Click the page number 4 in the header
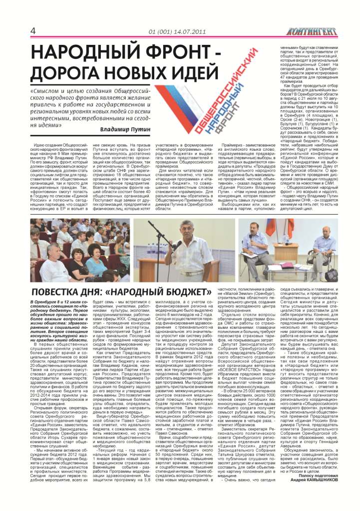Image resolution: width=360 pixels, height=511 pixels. pyautogui.click(x=32, y=31)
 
